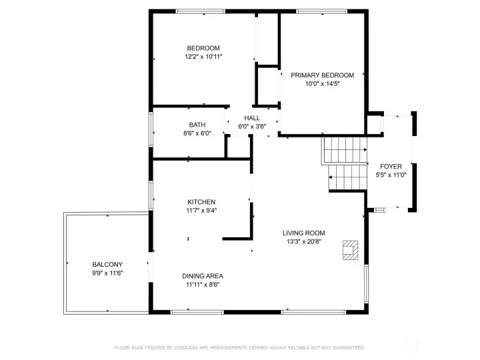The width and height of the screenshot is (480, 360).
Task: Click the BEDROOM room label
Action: click(x=203, y=48)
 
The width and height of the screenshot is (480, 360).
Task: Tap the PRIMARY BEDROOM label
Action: click(x=323, y=75)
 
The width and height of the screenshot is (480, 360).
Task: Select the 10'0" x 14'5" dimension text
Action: click(x=323, y=84)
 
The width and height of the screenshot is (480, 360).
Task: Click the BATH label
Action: click(x=197, y=125)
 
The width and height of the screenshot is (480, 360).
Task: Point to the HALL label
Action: click(x=252, y=118)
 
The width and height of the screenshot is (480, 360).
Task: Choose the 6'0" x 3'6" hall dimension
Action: click(x=252, y=127)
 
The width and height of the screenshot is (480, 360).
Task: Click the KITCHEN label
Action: click(x=201, y=202)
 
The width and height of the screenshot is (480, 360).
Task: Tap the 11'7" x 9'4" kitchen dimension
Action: click(x=201, y=211)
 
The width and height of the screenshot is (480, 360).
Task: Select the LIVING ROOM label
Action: click(x=304, y=233)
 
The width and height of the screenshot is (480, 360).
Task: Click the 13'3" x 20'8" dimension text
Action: click(x=304, y=241)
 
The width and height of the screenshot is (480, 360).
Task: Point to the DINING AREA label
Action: click(x=203, y=276)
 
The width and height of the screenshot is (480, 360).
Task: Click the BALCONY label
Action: click(x=107, y=265)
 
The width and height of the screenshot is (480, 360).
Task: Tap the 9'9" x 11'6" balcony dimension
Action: click(x=107, y=273)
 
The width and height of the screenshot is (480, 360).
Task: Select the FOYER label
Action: click(x=391, y=167)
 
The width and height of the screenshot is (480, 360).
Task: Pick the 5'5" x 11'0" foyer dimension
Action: click(x=391, y=175)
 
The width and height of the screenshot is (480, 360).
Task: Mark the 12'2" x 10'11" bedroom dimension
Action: click(x=203, y=57)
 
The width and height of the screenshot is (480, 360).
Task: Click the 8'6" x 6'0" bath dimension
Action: click(x=197, y=133)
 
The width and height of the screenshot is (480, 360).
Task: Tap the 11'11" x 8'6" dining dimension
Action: click(x=203, y=285)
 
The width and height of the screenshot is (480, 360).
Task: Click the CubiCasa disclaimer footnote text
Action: click(x=240, y=348)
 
